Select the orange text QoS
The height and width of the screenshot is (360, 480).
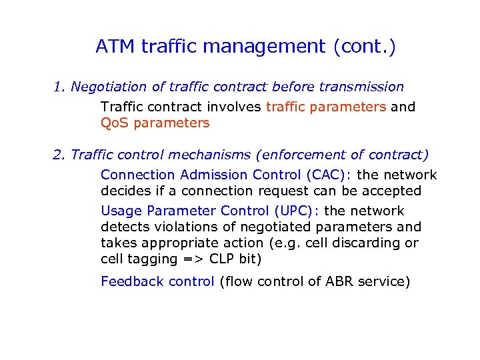point(114,123)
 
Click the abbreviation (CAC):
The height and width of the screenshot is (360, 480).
point(331,175)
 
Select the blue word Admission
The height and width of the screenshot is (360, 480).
point(216,175)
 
